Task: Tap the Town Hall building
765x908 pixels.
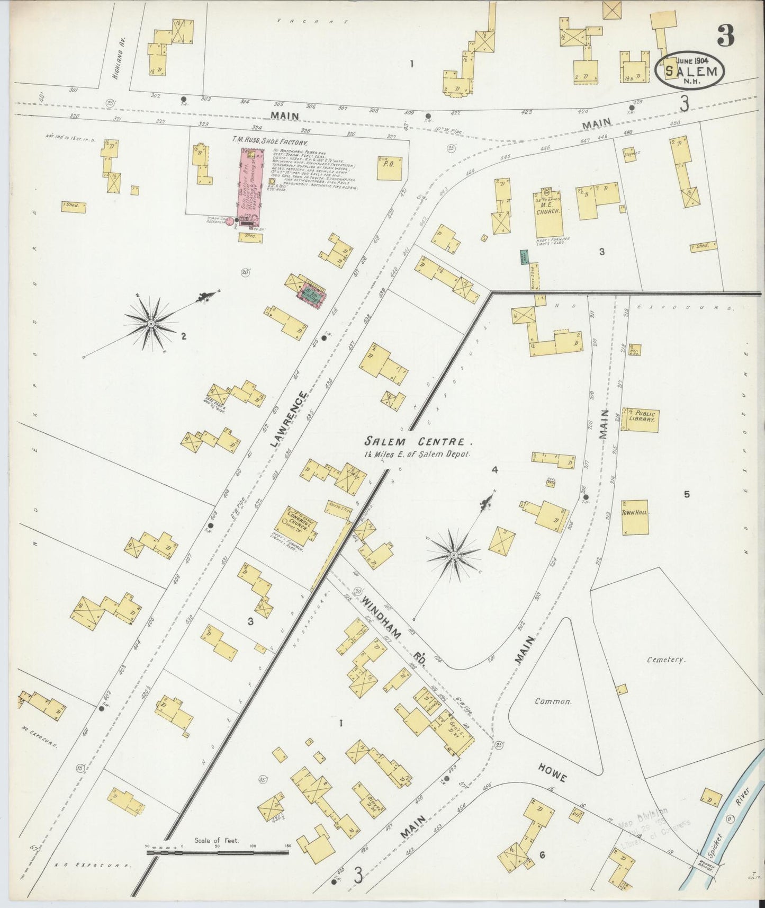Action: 635,517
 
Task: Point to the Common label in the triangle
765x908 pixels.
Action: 553,701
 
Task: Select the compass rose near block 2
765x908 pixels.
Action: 151,323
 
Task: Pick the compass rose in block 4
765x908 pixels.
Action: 454,554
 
